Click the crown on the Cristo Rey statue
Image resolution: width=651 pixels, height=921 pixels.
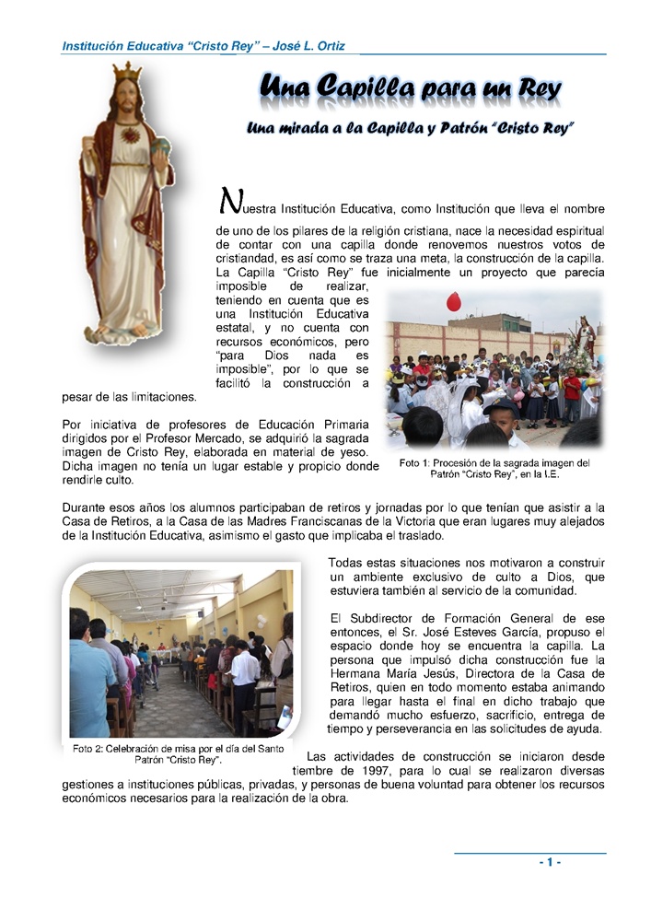(x=126, y=72)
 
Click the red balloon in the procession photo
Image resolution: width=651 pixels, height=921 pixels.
(x=453, y=301)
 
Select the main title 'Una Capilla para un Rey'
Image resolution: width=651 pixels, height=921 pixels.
(x=410, y=90)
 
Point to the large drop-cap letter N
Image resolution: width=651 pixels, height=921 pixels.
(x=229, y=200)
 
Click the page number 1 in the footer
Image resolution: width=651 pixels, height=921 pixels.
(x=550, y=862)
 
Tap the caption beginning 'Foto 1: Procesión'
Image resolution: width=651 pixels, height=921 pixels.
(x=494, y=469)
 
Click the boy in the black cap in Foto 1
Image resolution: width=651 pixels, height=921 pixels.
(x=504, y=416)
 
